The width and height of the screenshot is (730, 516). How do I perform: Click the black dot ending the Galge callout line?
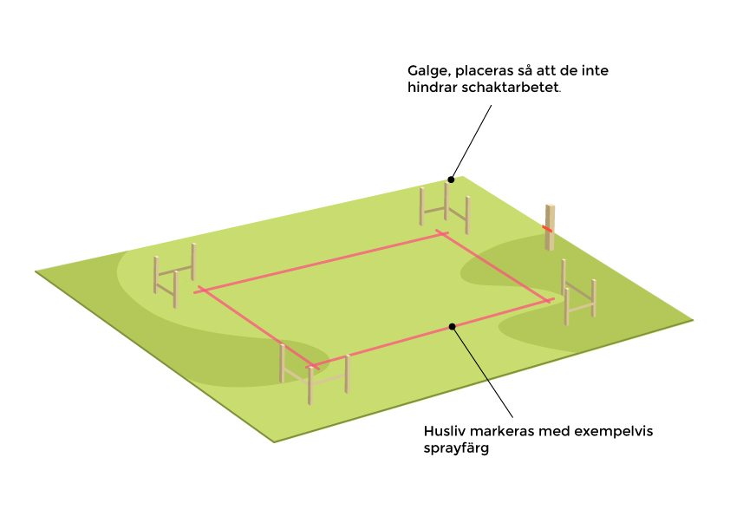point(451,180)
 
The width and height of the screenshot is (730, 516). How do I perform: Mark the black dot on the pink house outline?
point(452,326)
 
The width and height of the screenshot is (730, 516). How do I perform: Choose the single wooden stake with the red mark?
point(550,227)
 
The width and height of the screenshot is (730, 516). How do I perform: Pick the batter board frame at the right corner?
point(578,293)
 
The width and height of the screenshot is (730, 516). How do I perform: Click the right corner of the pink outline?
point(549,300)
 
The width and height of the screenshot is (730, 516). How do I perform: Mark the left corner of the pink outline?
point(202,290)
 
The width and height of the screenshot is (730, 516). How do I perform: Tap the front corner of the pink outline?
point(315,364)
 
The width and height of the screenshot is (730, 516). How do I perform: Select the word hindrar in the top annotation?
point(433,88)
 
